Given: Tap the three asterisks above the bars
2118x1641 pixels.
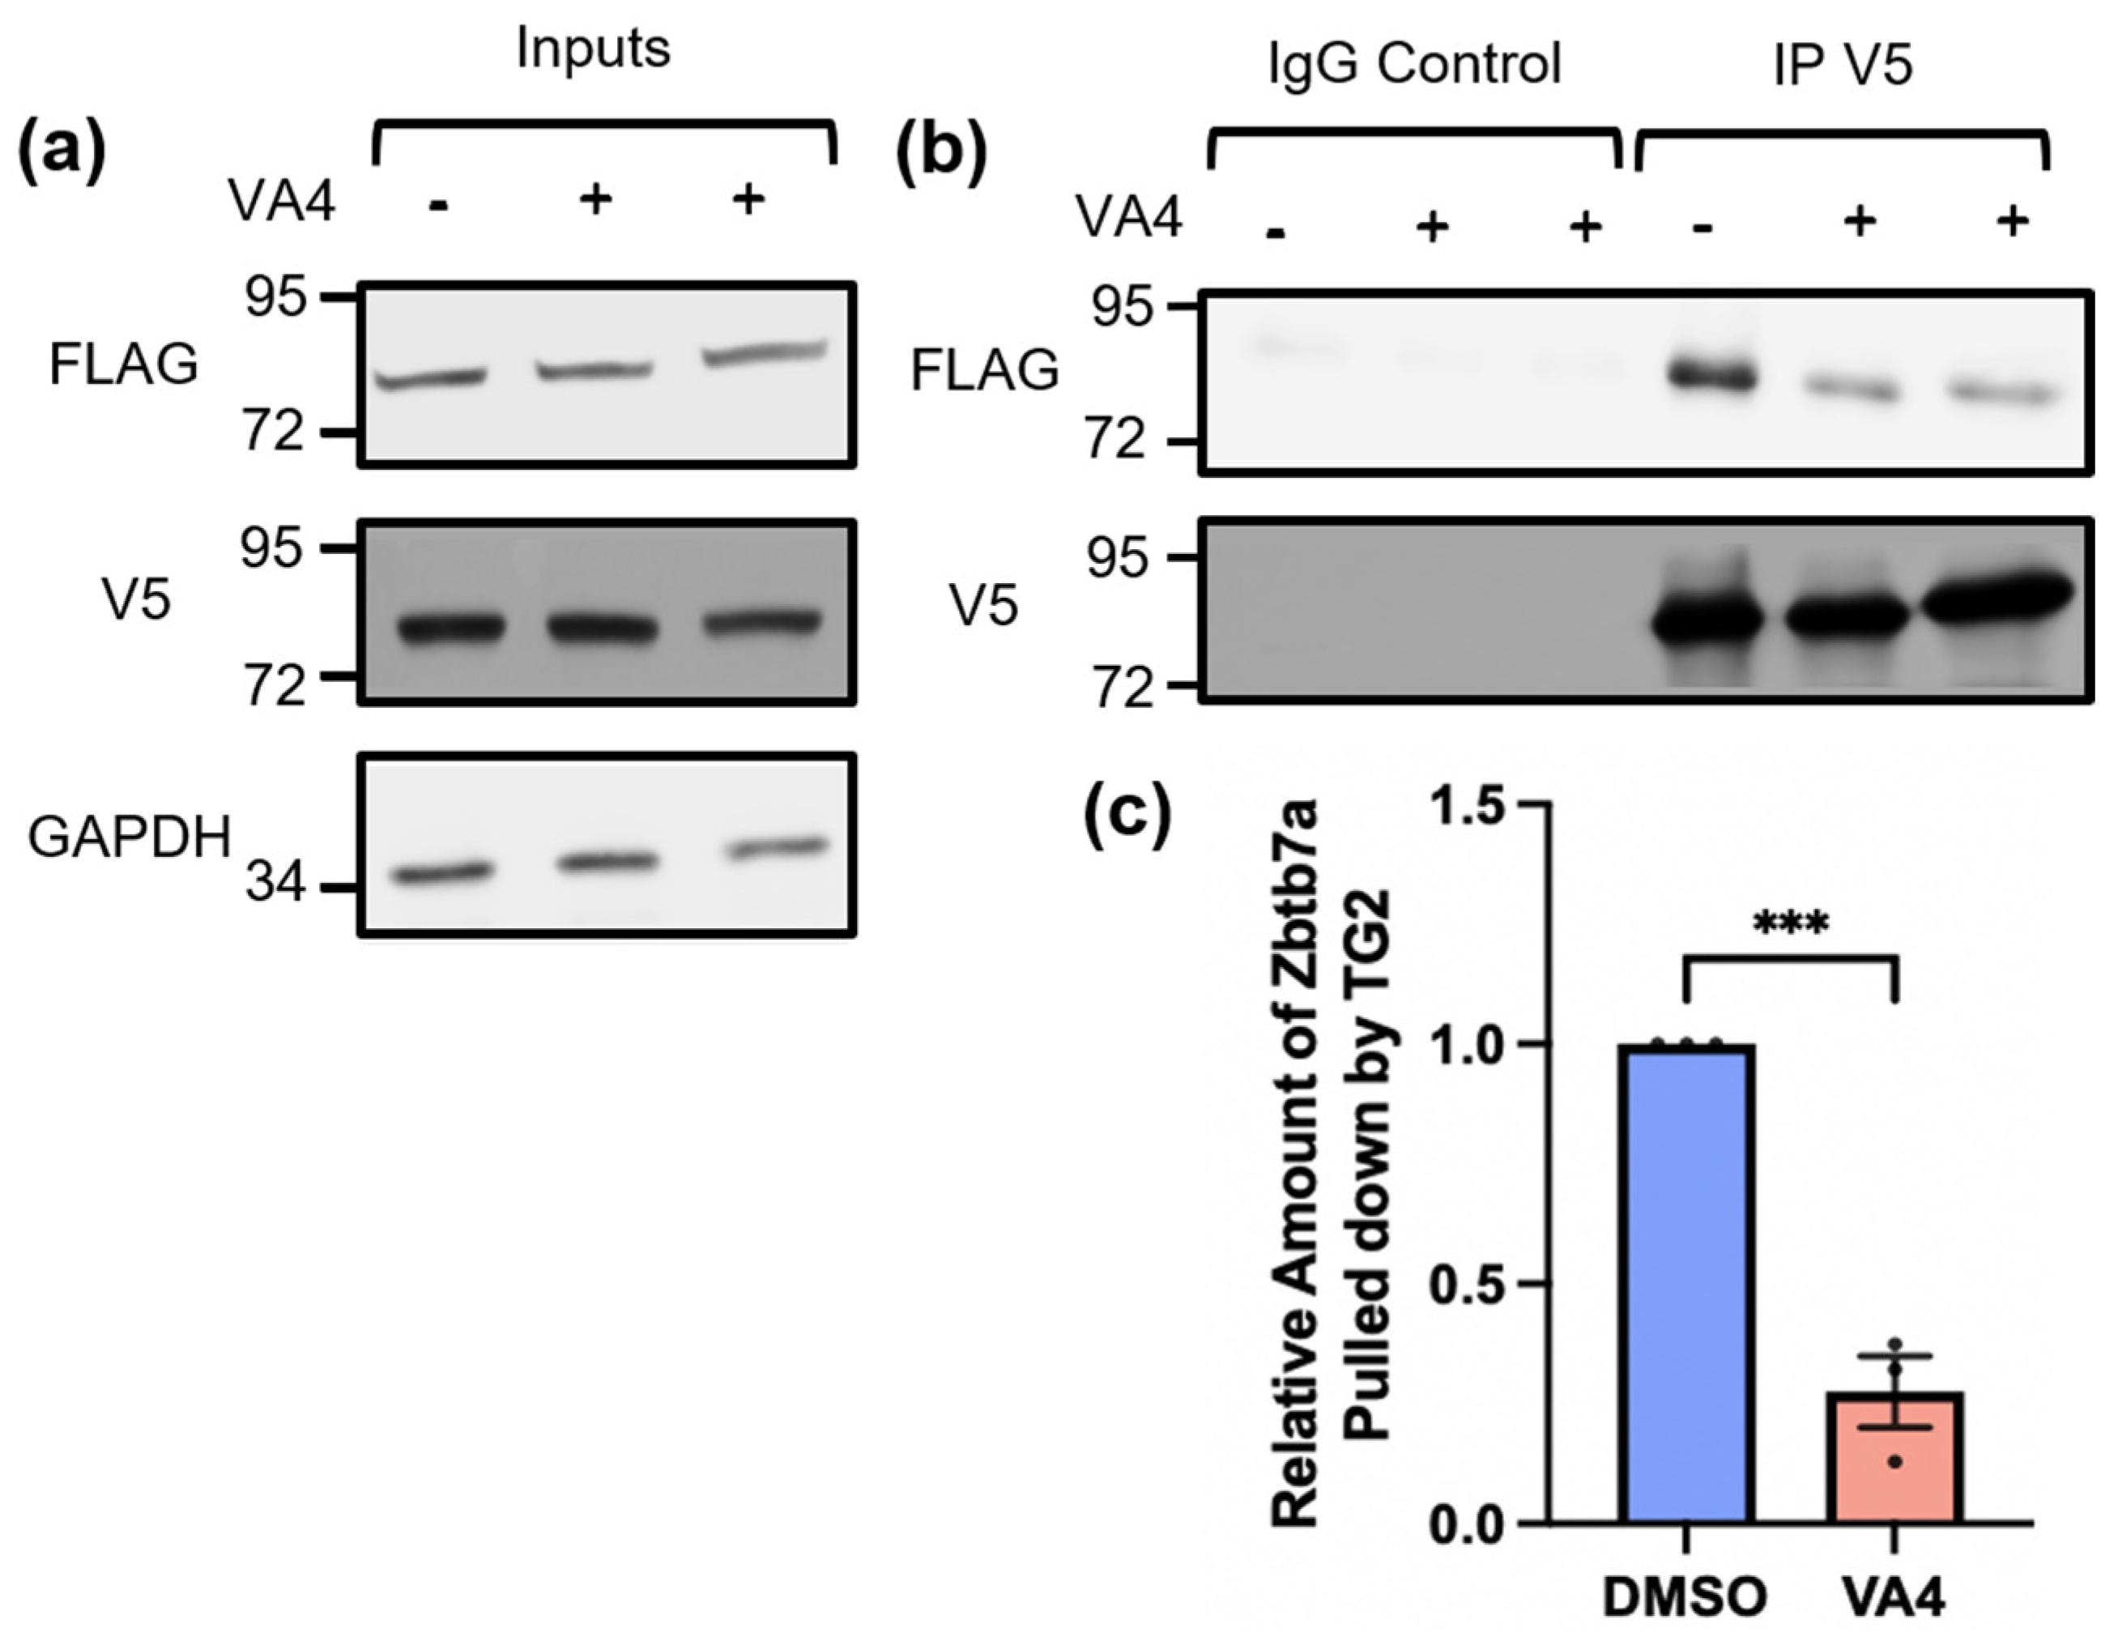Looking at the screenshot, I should [x=1790, y=923].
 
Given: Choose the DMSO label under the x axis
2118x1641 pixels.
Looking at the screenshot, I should [x=1685, y=1596].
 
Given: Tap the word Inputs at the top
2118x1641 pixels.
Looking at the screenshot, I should [x=593, y=49].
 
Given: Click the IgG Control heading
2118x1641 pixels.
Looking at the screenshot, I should [x=1415, y=65].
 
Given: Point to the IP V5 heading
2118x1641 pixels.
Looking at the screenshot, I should [x=1842, y=65].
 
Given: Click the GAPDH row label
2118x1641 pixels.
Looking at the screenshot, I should [x=129, y=836].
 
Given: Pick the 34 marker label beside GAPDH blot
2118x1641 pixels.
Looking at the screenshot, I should [x=275, y=884].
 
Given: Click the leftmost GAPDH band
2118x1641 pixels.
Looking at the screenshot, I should [x=441, y=873].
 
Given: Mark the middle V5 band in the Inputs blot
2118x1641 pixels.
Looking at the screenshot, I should [x=603, y=628].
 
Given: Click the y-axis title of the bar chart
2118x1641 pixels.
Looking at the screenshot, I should [x=1332, y=1164].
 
